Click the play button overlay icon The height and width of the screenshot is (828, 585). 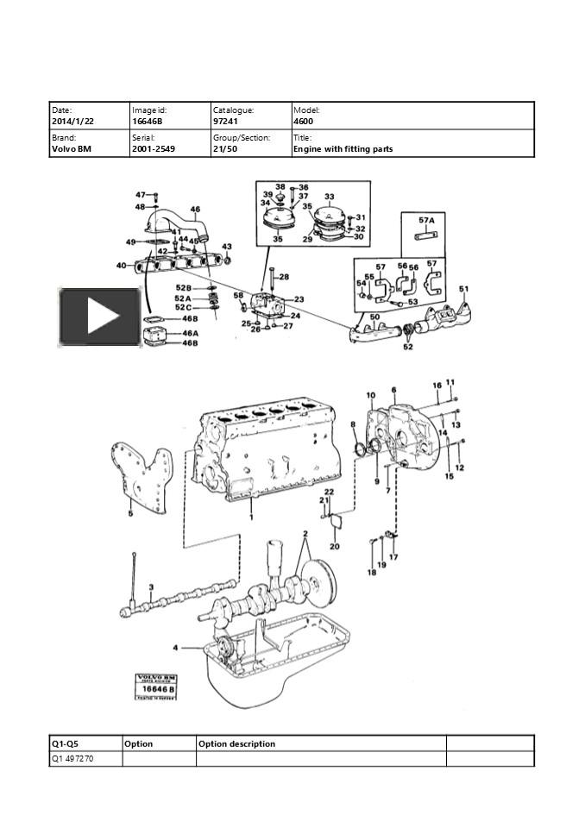coord(99,317)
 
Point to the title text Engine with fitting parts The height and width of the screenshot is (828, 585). coord(343,149)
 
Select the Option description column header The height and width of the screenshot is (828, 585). coord(237,743)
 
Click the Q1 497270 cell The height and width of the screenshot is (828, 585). coord(73,759)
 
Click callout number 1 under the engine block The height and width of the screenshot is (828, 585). coord(251,517)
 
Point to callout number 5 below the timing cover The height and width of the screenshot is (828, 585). coord(130,514)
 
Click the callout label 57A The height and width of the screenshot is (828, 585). coord(426,220)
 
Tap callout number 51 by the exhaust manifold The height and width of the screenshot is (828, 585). coord(463,289)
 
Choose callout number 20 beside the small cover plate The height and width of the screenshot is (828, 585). coord(335,546)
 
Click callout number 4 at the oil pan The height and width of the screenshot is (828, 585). coord(175,647)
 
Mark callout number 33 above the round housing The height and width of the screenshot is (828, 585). coord(329,198)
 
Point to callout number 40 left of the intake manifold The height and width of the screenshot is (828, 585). coord(121,266)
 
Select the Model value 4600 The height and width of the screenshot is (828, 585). coord(304,122)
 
